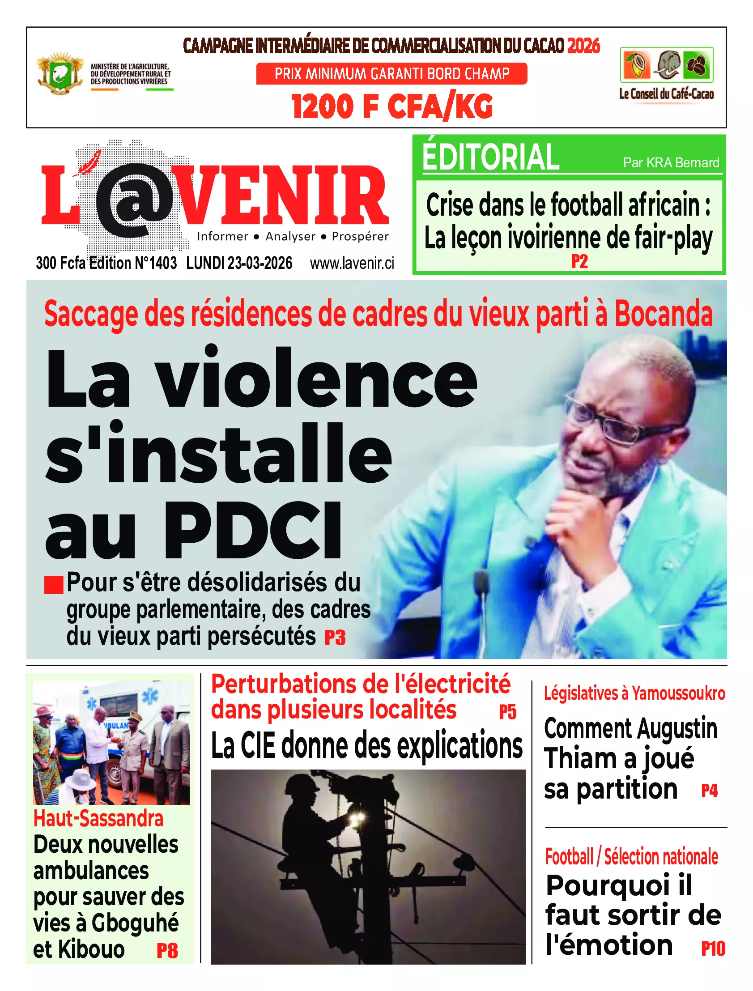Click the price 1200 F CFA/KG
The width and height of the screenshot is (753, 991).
[392, 106]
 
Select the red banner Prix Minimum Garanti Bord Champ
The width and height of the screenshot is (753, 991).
[392, 73]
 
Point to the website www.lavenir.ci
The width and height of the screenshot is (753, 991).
[352, 263]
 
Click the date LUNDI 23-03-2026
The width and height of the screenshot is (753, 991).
[239, 263]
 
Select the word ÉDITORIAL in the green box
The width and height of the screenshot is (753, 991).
[490, 157]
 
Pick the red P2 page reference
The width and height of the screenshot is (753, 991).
[579, 261]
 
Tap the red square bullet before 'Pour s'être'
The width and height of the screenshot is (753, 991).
[54, 584]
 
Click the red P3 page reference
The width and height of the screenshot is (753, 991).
[335, 638]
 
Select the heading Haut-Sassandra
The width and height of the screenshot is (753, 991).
[98, 818]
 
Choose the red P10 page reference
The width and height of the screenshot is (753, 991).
[713, 949]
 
